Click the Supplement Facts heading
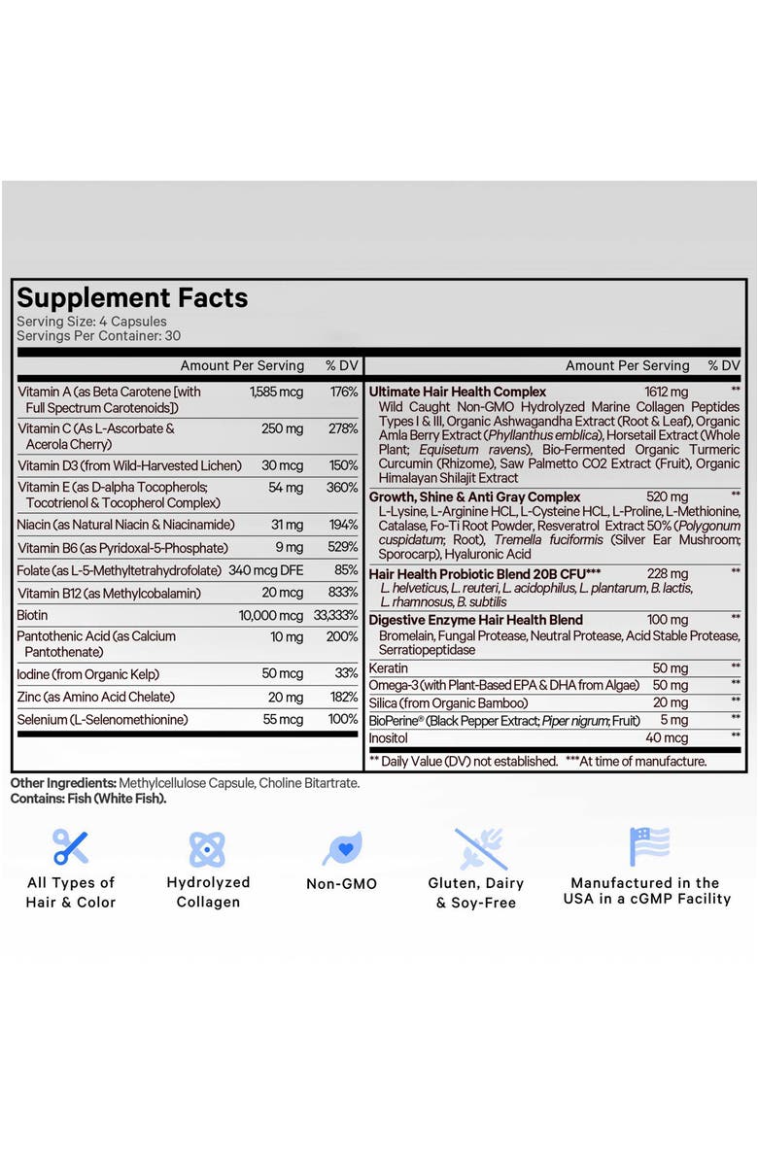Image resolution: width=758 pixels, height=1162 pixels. (132, 297)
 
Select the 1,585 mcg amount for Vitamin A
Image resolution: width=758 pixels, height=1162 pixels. (276, 392)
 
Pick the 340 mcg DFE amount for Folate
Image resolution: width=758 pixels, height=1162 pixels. (265, 570)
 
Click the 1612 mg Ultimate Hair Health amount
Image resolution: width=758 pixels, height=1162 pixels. (666, 392)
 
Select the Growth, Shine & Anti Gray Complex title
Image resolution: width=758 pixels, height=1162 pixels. (474, 496)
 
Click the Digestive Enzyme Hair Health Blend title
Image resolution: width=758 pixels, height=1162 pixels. (476, 620)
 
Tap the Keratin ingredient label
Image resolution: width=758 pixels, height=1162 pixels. (388, 668)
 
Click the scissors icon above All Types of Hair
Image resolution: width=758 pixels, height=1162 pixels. (70, 847)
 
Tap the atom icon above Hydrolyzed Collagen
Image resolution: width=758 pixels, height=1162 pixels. (207, 848)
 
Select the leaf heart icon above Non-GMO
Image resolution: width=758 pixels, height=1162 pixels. (341, 848)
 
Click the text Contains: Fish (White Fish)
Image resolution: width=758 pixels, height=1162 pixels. (88, 799)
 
